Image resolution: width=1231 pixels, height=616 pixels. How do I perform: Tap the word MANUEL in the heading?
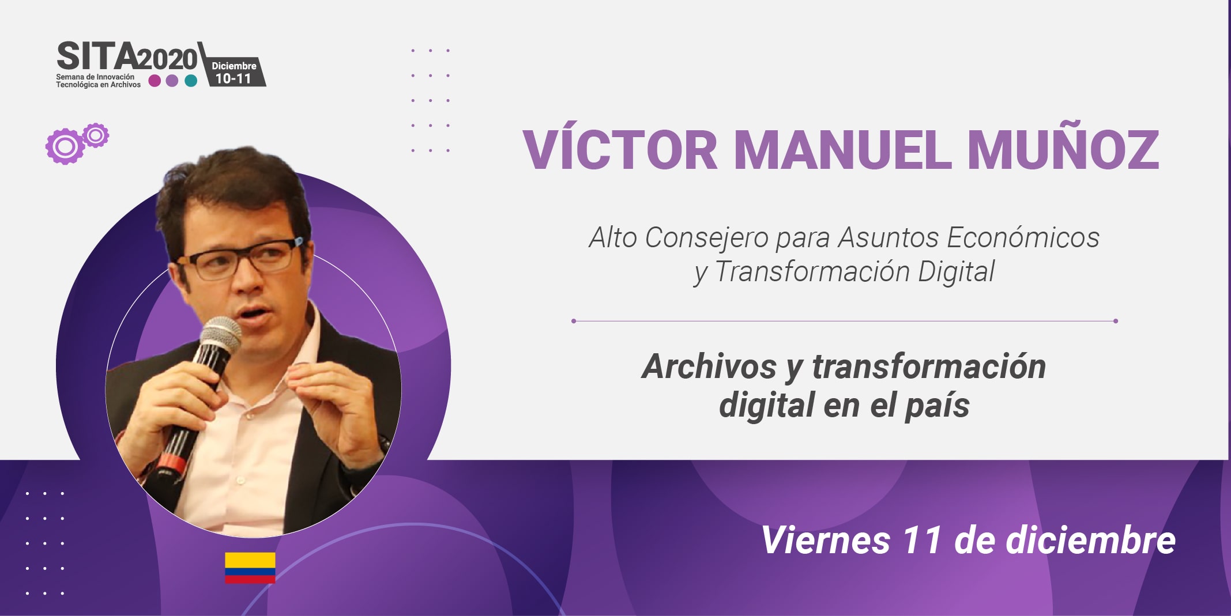tap(842, 149)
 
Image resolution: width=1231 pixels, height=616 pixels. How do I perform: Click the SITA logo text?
tap(97, 56)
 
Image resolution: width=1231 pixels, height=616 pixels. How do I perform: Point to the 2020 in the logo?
tap(167, 59)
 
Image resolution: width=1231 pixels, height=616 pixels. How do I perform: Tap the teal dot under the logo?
tap(191, 81)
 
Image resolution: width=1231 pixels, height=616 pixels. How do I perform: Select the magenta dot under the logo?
tap(155, 81)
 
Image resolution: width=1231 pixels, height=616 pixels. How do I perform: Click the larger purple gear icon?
tap(65, 146)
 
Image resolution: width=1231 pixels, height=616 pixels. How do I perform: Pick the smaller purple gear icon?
tap(96, 135)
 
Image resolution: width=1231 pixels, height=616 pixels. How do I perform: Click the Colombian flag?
tap(250, 568)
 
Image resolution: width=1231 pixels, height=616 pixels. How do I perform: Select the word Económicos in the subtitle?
tap(1023, 237)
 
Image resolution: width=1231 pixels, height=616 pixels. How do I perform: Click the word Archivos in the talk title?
tap(710, 366)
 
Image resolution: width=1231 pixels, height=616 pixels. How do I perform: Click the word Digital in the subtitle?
tap(956, 271)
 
